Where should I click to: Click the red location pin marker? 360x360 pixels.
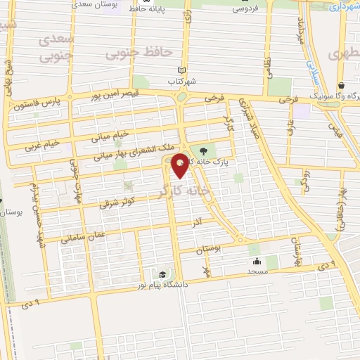point(180,165)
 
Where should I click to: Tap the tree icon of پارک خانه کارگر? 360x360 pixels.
point(204,150)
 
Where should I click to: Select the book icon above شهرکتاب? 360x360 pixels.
point(182,70)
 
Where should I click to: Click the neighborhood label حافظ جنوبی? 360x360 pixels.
point(129,52)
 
